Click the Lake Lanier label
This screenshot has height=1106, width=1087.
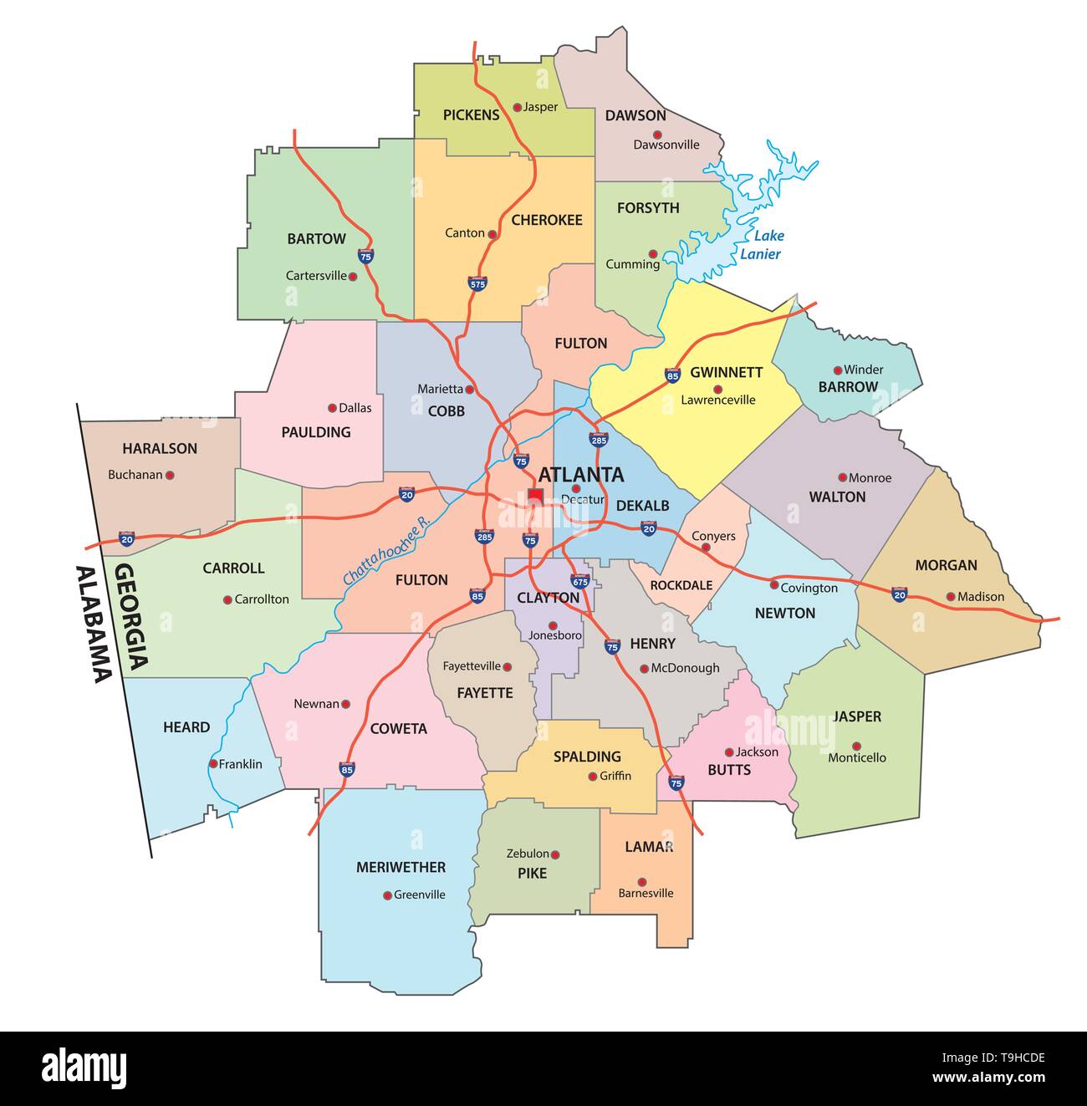click(x=761, y=245)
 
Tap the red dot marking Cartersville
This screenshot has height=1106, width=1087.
click(x=354, y=277)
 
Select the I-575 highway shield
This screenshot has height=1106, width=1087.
click(x=477, y=283)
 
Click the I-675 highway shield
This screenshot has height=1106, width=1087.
click(x=579, y=580)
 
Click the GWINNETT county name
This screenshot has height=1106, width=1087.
click(x=726, y=372)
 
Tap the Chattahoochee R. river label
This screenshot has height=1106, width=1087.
click(x=385, y=550)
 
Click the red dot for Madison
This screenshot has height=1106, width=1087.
click(x=951, y=597)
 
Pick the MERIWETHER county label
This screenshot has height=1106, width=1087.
click(x=401, y=867)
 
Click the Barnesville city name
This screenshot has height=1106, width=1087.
click(x=646, y=893)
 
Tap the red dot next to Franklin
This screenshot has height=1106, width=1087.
click(x=213, y=764)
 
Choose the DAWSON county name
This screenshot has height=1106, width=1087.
click(x=635, y=115)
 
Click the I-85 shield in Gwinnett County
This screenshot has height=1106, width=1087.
click(x=672, y=375)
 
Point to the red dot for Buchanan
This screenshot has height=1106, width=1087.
click(x=170, y=475)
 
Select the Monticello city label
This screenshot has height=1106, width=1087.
click(x=857, y=757)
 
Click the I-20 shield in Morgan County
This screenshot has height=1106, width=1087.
click(x=899, y=594)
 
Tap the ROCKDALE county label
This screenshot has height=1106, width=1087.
click(x=681, y=585)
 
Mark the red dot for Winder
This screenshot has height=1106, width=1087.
click(x=838, y=370)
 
